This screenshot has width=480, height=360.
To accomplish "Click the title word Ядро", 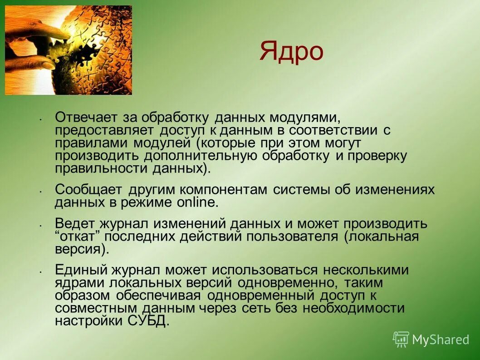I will [291, 51].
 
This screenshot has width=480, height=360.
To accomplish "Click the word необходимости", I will [352, 308].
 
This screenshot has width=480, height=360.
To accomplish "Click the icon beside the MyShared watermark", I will [401, 339].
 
